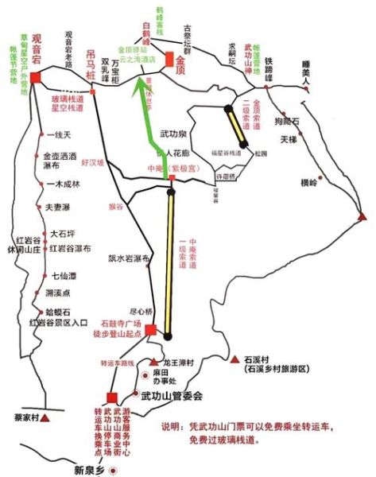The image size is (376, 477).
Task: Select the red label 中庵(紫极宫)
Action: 168,169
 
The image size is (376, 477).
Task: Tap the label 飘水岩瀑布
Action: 130,258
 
